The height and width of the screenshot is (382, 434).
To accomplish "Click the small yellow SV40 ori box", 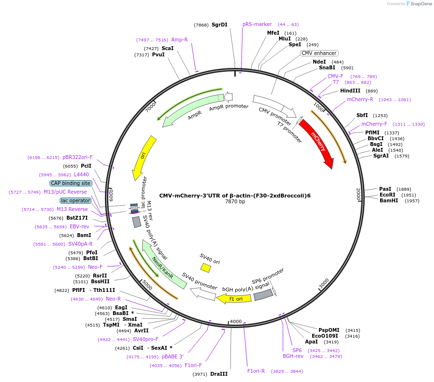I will (x=205, y=267).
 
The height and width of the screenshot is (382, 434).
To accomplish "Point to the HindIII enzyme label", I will (x=352, y=91).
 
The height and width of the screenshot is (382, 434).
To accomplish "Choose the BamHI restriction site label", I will (x=389, y=200).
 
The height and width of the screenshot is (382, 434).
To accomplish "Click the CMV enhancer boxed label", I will (x=319, y=53).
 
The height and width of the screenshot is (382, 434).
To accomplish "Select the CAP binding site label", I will (x=70, y=183).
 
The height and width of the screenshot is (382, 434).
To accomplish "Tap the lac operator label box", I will (x=75, y=200).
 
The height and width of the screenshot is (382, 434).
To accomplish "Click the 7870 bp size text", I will (x=235, y=202).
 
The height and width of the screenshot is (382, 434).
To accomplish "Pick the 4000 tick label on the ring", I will (x=235, y=321).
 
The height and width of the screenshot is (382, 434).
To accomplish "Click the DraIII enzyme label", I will (x=219, y=374).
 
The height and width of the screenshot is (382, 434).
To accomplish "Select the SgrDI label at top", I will (x=219, y=25).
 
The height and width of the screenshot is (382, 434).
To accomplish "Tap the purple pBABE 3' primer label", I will (x=173, y=356).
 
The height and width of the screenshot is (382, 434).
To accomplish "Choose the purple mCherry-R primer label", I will (x=360, y=100).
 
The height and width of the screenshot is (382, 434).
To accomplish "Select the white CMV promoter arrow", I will (x=274, y=106).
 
